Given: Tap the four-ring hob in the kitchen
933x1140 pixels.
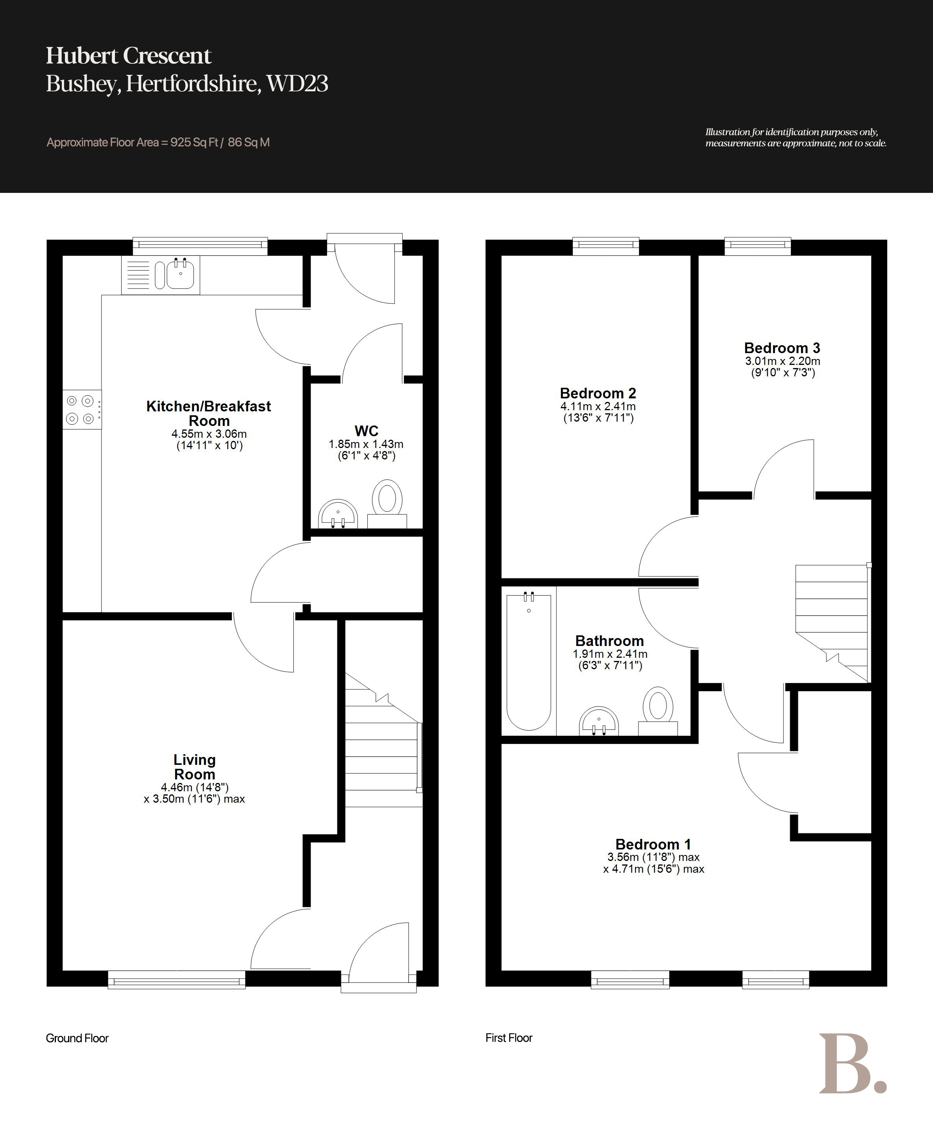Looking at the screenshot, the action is coord(82,409).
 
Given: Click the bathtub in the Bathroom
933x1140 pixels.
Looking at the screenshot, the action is coord(529,661).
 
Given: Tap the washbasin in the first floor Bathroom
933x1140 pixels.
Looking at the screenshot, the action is coord(599,721).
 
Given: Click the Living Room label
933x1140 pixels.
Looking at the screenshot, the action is coord(194,767).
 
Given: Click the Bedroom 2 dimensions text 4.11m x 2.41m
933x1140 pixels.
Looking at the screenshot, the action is coord(598,406).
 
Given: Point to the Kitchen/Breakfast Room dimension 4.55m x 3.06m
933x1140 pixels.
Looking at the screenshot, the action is coord(209,434).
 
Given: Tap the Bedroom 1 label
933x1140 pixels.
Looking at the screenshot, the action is coord(653,844).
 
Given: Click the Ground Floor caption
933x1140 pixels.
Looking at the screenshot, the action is coord(78,1038).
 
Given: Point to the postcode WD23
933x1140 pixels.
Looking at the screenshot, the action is coord(297,83).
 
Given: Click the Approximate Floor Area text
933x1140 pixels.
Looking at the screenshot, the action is coord(158,142).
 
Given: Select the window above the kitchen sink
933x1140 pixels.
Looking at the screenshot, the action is coord(200,246).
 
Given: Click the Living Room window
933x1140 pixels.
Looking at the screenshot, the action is coord(176,979).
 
